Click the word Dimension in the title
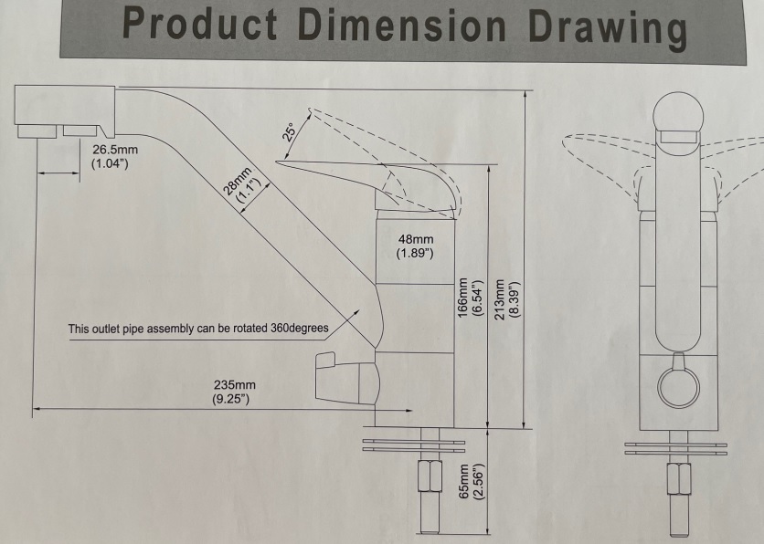(x=402, y=25)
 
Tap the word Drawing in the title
(x=608, y=28)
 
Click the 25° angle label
(x=289, y=131)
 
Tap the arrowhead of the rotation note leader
(x=357, y=311)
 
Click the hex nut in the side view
(x=430, y=476)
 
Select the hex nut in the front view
(x=679, y=478)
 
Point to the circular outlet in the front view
(x=678, y=386)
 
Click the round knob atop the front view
(x=678, y=114)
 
